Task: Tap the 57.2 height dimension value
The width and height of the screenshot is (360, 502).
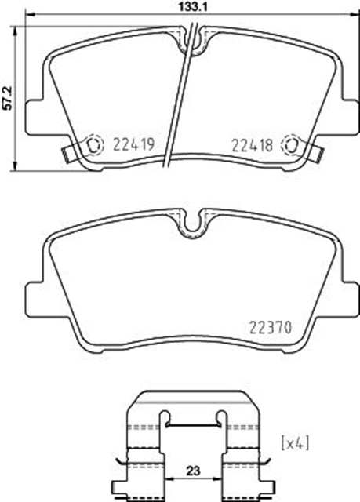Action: pyautogui.click(x=7, y=99)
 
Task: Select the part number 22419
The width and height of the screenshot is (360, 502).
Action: pyautogui.click(x=134, y=144)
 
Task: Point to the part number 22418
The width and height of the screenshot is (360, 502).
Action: pyautogui.click(x=253, y=145)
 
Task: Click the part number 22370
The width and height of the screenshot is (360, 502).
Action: pyautogui.click(x=271, y=328)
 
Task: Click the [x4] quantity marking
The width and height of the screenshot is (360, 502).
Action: pyautogui.click(x=295, y=443)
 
